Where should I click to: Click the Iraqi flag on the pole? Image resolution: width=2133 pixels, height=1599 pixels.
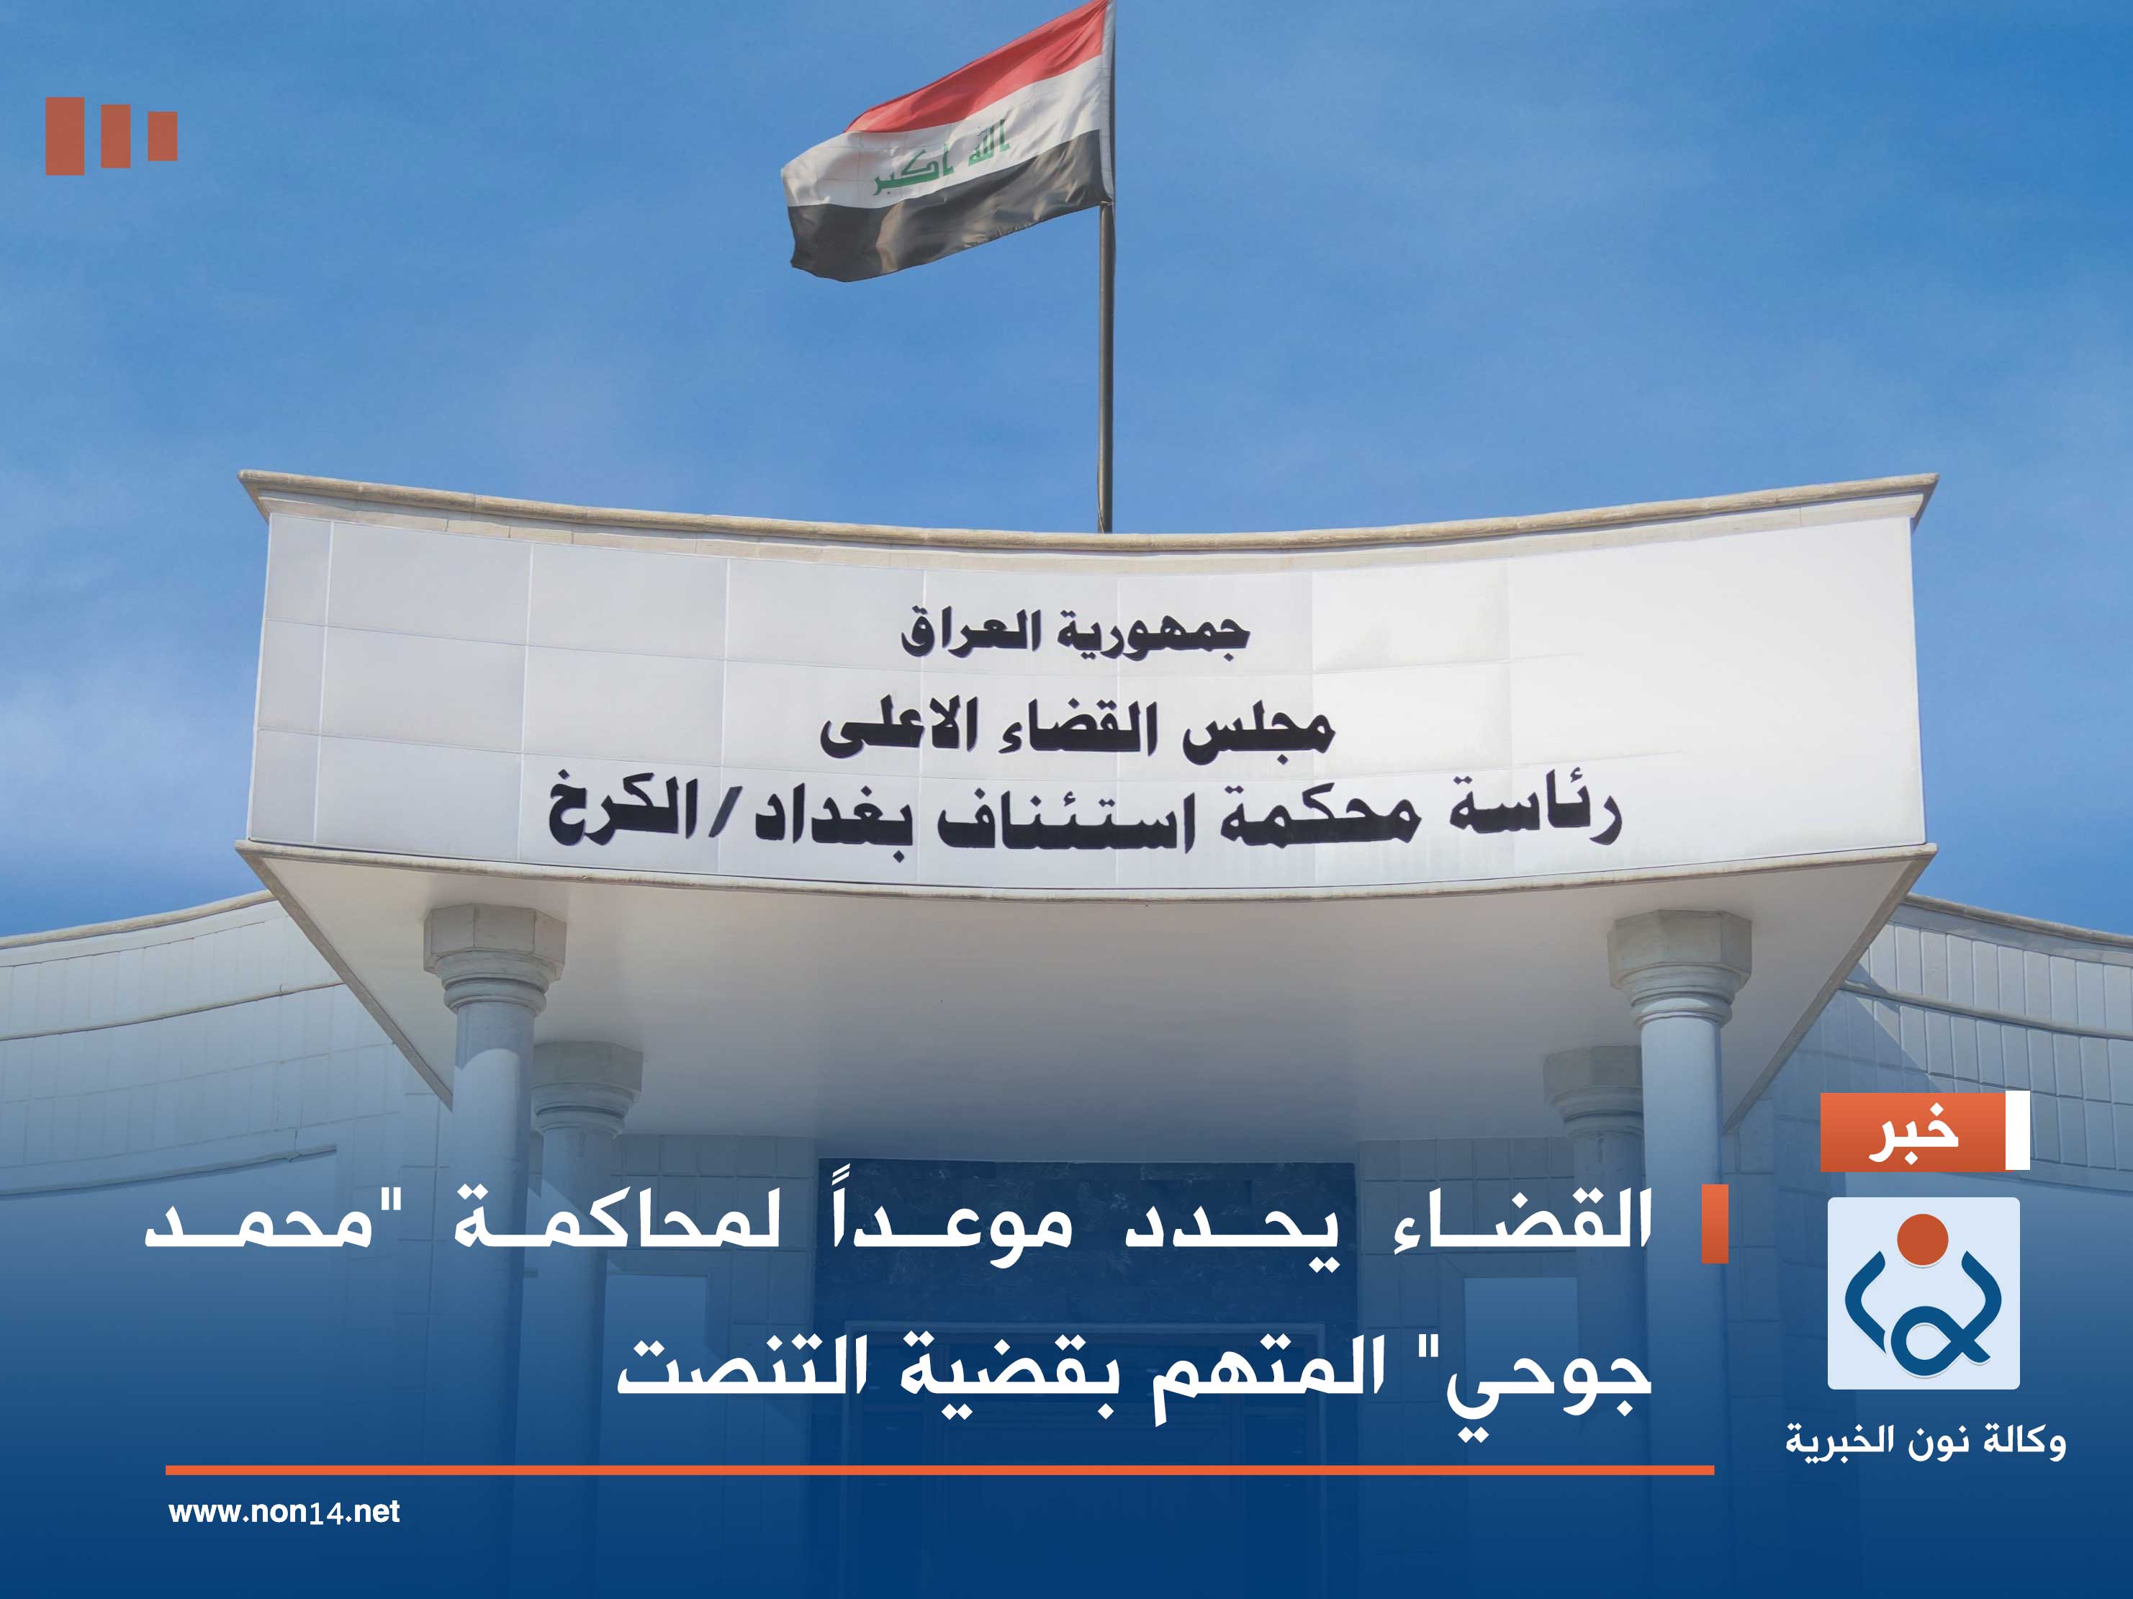point(950,145)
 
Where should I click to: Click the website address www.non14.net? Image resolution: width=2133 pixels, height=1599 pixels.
point(284,1511)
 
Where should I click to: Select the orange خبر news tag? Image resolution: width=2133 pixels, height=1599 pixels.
point(1913,1132)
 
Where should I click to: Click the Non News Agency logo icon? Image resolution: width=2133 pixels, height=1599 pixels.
point(1923,1293)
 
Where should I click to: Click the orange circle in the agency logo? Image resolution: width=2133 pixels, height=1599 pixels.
point(1923,1238)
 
